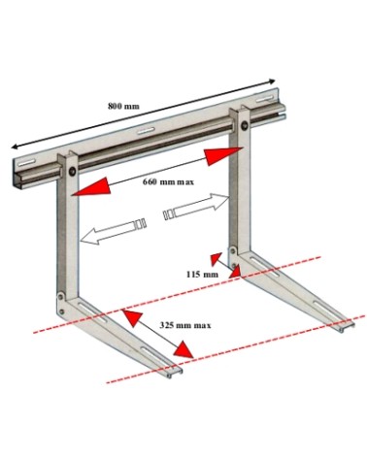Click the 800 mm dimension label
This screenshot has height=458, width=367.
123,106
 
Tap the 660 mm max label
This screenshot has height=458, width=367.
168,181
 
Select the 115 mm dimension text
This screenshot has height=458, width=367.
202,275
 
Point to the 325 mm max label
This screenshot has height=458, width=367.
185,325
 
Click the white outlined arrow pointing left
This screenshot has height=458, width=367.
113,232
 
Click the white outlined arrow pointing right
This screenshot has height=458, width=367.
196,207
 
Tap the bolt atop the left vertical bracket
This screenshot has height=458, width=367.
72,171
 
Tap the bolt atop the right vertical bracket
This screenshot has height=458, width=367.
245,125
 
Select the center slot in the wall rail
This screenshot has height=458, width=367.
146,131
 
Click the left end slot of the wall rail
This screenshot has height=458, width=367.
26,162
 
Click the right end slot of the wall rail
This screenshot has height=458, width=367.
264,99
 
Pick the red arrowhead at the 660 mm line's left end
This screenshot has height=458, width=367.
91,187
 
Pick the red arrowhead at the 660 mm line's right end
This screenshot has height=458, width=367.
224,156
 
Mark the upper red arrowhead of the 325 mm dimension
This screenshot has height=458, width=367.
132,318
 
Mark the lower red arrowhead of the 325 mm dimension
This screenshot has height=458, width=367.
183,349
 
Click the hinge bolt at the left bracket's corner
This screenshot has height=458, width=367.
61,296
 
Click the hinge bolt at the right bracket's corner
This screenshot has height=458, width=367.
233,250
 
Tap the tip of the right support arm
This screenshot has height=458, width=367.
347,326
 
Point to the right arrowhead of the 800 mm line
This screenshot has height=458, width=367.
271,82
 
